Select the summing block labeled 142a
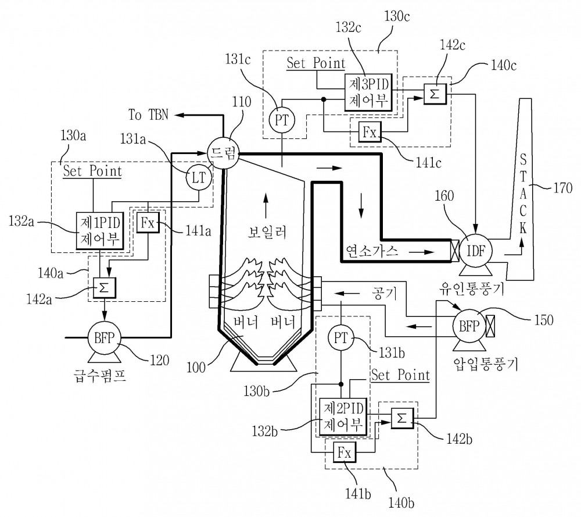click(105, 288)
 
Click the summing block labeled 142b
click(402, 418)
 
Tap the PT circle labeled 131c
click(282, 120)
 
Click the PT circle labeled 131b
click(341, 338)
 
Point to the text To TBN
click(148, 115)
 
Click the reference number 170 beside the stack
click(563, 188)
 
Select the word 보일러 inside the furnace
click(267, 232)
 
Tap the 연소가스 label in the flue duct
click(372, 251)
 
